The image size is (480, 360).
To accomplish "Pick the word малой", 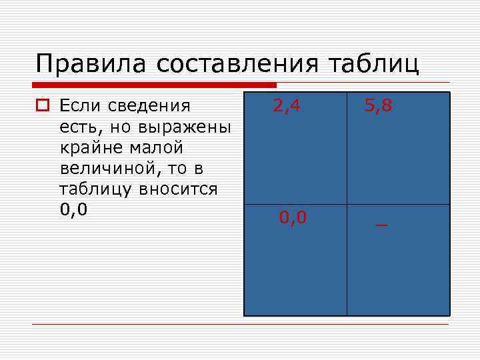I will click(158, 147).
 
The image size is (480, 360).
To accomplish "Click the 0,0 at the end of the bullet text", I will click(73, 211).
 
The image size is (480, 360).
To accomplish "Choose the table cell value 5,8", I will click(377, 105).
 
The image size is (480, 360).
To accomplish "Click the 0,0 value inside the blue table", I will click(293, 217).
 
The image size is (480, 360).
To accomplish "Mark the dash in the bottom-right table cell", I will click(381, 225).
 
